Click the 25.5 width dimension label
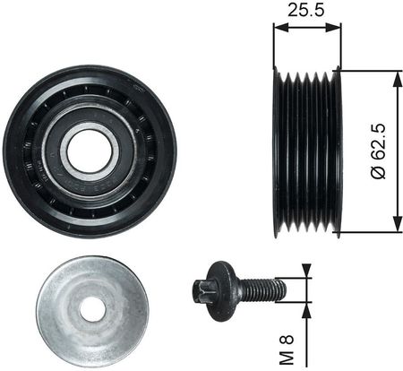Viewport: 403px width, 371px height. point(306,11)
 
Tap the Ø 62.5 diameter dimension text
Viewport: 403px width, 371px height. point(379,151)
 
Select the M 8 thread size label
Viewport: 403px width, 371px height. point(287,349)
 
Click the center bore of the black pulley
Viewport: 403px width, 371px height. point(90,151)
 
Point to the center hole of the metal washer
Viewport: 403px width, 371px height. point(92,310)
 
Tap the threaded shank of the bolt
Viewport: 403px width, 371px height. point(261,289)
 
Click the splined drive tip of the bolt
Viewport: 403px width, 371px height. point(201,290)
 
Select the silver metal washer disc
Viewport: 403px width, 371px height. point(92,309)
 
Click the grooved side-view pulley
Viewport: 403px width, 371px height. point(307,152)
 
